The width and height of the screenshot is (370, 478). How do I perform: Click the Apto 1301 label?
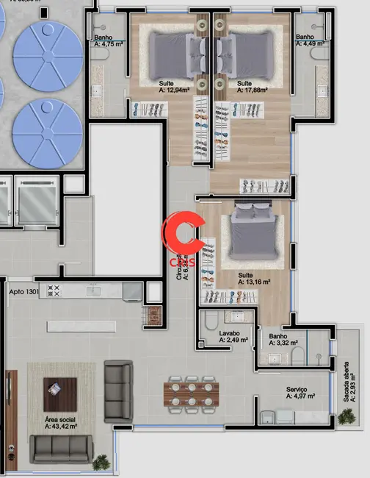pyautogui.click(x=23, y=292)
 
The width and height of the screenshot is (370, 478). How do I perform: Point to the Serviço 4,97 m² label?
pyautogui.click(x=301, y=393)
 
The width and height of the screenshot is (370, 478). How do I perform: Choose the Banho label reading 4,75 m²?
pyautogui.click(x=109, y=40)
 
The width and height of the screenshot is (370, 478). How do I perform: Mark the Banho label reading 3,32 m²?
pyautogui.click(x=283, y=339)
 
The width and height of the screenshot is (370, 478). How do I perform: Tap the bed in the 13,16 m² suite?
pyautogui.click(x=251, y=234)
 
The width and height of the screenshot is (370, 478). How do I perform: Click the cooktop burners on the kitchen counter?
pyautogui.click(x=54, y=290)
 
